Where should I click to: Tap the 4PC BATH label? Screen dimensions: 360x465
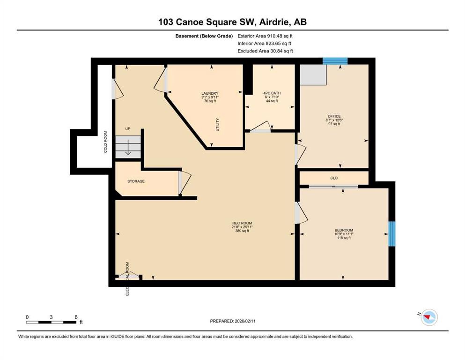272,93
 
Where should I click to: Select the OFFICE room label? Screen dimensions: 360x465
334,116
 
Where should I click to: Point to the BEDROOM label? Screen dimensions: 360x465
343,230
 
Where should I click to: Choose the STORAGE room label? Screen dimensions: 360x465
136,181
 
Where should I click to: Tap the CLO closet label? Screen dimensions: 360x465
334,178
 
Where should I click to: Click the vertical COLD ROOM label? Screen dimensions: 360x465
105,142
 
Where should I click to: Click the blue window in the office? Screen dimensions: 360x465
335,61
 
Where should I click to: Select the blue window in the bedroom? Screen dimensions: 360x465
392,233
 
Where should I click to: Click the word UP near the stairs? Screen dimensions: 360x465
127,128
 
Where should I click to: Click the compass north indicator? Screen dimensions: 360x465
428,317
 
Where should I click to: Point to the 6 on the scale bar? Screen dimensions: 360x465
76,317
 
